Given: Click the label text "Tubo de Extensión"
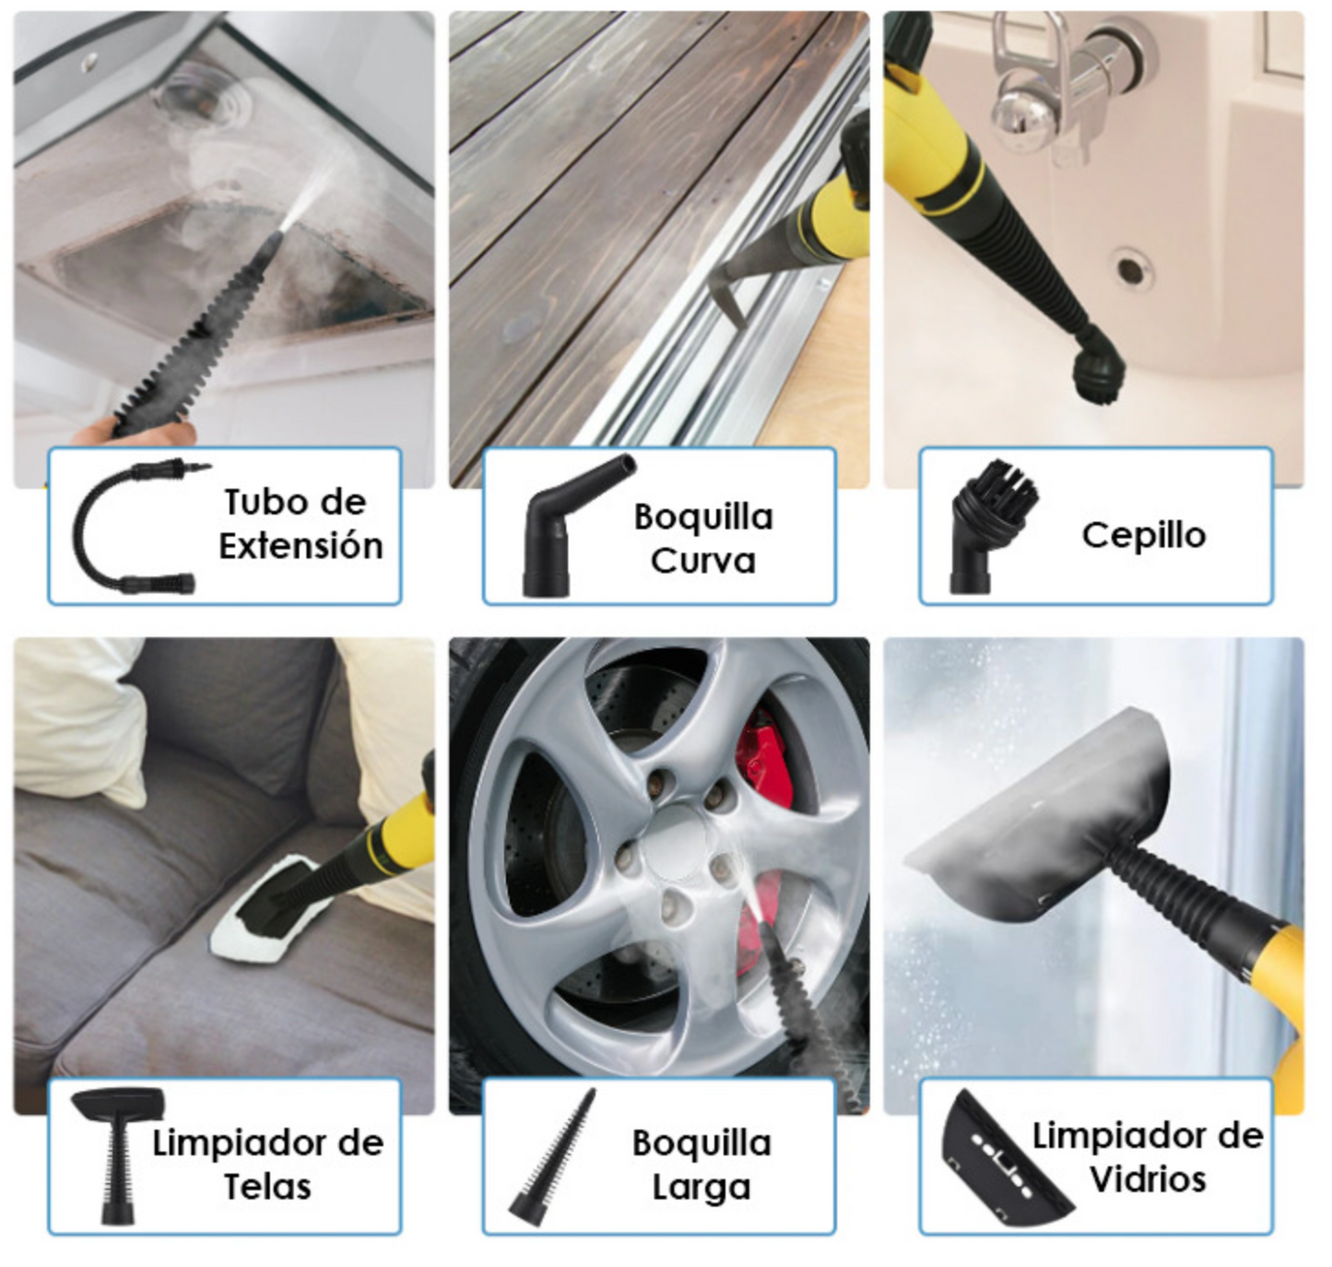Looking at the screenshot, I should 300,524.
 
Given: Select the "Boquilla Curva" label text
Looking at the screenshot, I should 702,538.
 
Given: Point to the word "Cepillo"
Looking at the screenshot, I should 1143,535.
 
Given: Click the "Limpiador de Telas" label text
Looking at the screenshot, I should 267,1164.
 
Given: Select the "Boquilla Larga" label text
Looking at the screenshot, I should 701,1164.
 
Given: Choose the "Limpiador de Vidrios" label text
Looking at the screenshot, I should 1147,1156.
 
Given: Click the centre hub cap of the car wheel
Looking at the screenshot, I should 678,844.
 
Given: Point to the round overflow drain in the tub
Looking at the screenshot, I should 1130,270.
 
